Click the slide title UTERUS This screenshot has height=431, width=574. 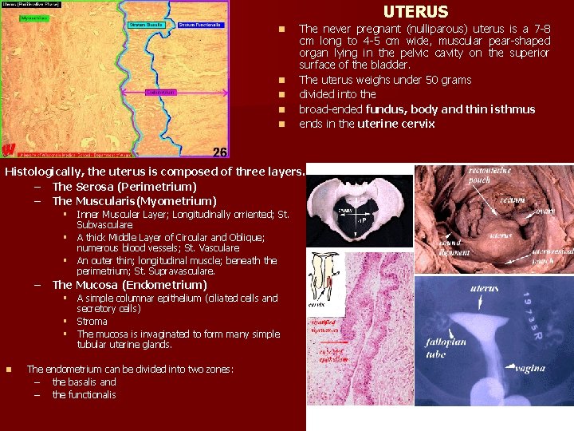pyautogui.click(x=415, y=12)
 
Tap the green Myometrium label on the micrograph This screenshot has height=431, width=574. pyautogui.click(x=33, y=17)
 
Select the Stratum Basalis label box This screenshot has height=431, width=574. pyautogui.click(x=146, y=25)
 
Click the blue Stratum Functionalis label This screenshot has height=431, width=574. pyautogui.click(x=200, y=25)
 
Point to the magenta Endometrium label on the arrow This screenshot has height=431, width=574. pyautogui.click(x=160, y=93)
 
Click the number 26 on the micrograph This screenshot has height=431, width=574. pyautogui.click(x=220, y=152)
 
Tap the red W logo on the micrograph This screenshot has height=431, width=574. pyautogui.click(x=9, y=148)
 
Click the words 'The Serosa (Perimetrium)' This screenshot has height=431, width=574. pyautogui.click(x=112, y=186)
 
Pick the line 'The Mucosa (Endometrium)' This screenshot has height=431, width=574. pyautogui.click(x=129, y=285)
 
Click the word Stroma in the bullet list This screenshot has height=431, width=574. pyautogui.click(x=92, y=322)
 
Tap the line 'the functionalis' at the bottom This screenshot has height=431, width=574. pyautogui.click(x=84, y=394)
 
